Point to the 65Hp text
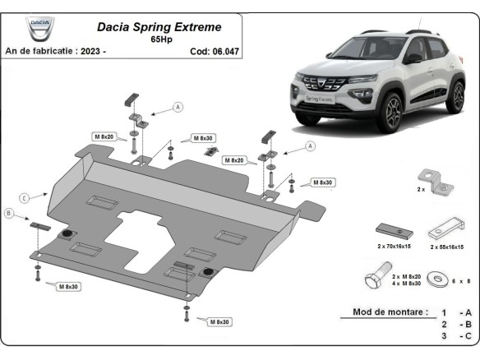(161, 39)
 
